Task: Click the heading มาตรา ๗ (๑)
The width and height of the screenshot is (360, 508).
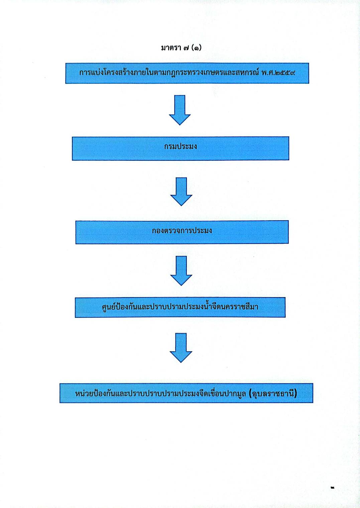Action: pos(181,48)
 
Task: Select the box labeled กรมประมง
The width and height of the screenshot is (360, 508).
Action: pos(181,148)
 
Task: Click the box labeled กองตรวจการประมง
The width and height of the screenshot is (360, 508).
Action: pos(182,232)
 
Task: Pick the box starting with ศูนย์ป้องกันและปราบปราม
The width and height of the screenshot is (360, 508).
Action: pos(180,307)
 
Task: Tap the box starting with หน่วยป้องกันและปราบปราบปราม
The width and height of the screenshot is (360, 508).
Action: pos(186,393)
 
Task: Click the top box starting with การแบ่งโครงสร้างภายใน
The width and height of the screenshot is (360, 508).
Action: pos(187,73)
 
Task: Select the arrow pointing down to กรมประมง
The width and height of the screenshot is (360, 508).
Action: pos(180,110)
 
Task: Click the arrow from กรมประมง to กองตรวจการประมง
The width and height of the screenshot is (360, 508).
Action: pos(181,192)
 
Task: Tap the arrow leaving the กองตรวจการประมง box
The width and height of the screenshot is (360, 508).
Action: pos(181,271)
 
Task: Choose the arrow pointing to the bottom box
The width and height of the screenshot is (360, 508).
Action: pos(181,348)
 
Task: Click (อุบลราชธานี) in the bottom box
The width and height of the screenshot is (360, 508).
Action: pos(273,393)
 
